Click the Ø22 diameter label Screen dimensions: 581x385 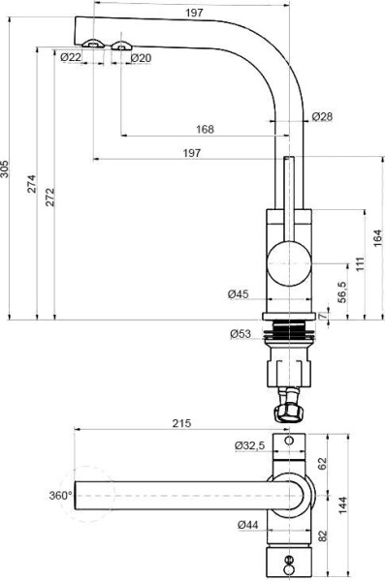70,58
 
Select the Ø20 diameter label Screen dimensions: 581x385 140,58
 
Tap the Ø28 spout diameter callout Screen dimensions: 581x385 323,117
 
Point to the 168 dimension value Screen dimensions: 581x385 205,129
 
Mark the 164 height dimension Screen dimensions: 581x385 378,238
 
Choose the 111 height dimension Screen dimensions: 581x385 360,264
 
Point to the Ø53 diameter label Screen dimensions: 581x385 241,334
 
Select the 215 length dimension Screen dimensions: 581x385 181,423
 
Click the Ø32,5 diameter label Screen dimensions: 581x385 250,445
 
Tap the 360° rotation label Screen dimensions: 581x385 61,495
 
